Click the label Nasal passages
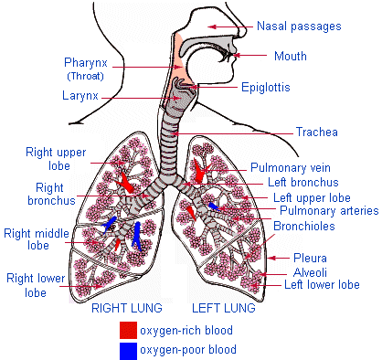coord(299,26)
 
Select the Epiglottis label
coord(266,89)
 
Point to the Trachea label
coord(316,132)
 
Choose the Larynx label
coord(81,94)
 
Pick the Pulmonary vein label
coord(291,168)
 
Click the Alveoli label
coord(306,271)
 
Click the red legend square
coord(128,330)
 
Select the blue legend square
coord(128,350)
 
